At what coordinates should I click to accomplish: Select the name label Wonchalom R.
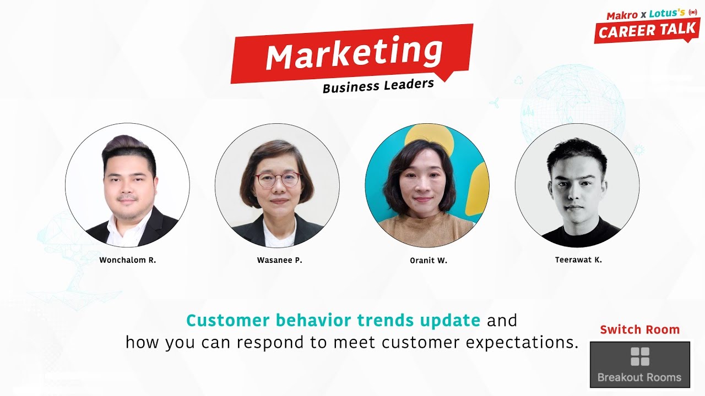point(128,260)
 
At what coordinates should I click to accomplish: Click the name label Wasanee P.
point(279,260)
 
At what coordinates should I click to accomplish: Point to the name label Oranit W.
point(429,261)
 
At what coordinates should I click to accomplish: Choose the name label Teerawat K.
point(578,260)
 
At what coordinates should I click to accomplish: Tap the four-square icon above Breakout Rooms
point(639,356)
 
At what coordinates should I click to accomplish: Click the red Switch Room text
point(639,329)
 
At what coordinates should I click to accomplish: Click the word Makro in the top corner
point(622,15)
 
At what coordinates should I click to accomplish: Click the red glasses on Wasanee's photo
point(277,180)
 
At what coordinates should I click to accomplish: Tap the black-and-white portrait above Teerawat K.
point(577,185)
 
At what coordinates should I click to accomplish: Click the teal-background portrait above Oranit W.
point(427,185)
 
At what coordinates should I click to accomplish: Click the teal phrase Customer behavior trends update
point(333,320)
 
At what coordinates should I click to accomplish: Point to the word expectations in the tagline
point(522,342)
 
